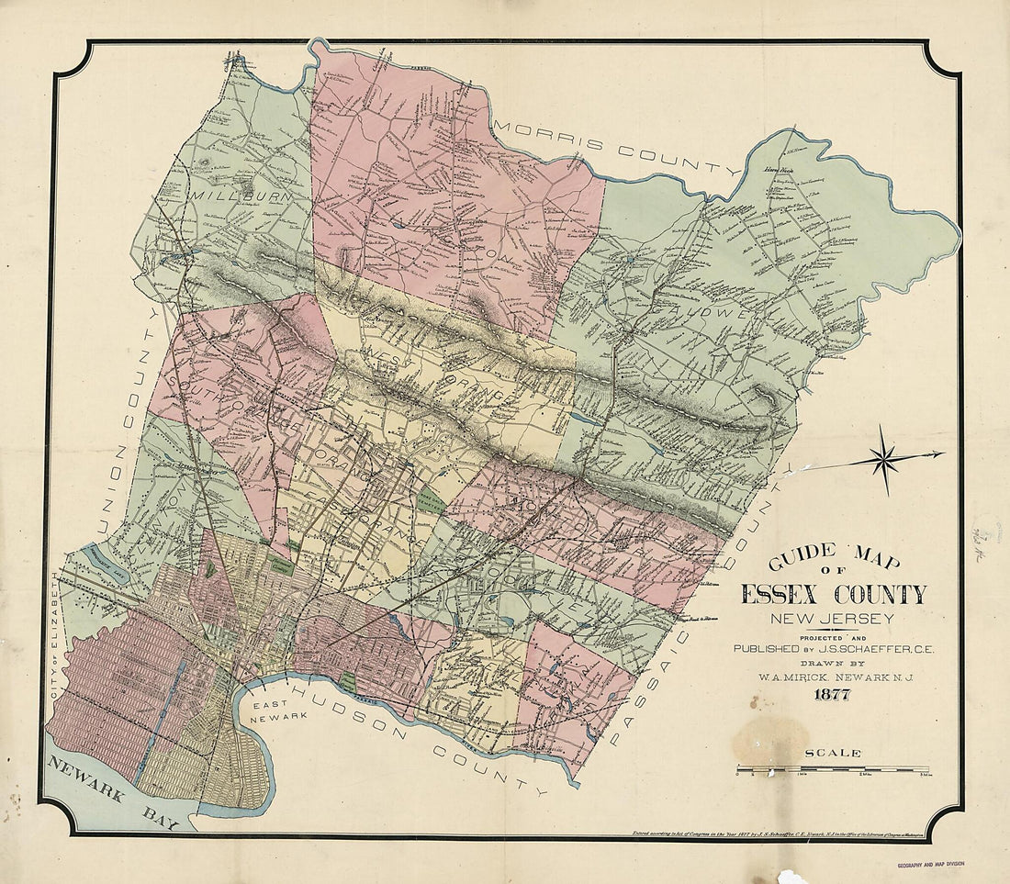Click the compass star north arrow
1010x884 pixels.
click(886, 459)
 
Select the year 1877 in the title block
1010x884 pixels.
click(830, 695)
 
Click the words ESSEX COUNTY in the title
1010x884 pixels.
click(833, 595)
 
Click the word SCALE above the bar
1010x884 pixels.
click(833, 753)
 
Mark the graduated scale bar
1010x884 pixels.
click(832, 768)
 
